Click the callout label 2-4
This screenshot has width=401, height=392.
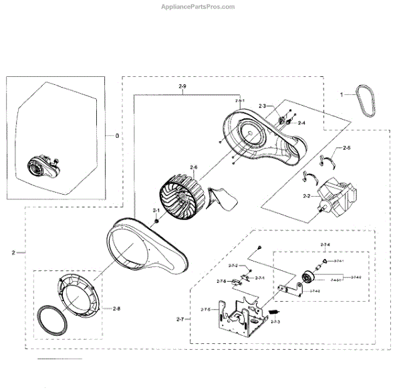[301, 122]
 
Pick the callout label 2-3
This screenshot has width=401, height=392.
[262, 106]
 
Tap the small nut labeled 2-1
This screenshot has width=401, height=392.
[155, 220]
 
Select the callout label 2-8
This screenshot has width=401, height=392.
[117, 308]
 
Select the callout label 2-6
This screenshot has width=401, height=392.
[194, 167]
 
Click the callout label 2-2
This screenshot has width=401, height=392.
[307, 196]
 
